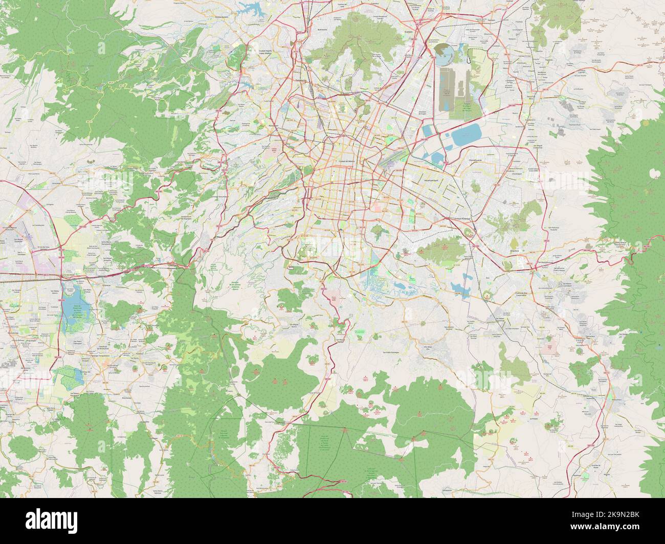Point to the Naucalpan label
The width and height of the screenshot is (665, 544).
pos(274,125)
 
